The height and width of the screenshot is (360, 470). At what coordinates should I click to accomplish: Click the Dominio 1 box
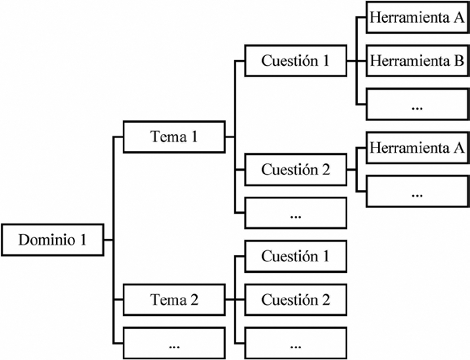[x=52, y=240]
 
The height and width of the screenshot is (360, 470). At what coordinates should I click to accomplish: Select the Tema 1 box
[x=174, y=137]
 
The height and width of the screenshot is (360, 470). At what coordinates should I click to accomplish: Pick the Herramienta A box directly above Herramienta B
[x=416, y=18]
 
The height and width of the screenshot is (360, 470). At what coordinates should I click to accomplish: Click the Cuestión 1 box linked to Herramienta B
[x=295, y=60]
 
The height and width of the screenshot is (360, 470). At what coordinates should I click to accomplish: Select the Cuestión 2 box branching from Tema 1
[x=295, y=171]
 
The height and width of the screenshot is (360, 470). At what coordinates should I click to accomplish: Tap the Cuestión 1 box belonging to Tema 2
[x=295, y=256]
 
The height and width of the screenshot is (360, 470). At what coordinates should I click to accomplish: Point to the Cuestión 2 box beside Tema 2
[x=295, y=300]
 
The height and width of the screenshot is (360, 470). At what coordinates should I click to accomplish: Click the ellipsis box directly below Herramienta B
[x=416, y=104]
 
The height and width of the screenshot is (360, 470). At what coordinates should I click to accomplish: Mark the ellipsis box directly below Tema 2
[x=174, y=342]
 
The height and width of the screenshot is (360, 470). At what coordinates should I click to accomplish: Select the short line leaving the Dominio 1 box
[x=109, y=240]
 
